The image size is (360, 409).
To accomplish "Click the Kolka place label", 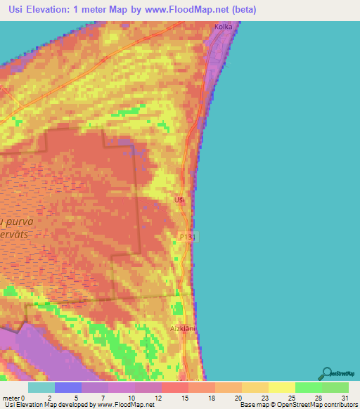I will click(x=224, y=27).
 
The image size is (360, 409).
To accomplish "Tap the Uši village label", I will click(x=179, y=200).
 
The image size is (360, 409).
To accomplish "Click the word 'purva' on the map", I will click(x=18, y=221).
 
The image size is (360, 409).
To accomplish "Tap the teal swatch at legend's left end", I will click(x=41, y=387).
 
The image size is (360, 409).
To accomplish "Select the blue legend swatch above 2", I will click(x=67, y=387).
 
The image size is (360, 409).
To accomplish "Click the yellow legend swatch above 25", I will click(x=281, y=387).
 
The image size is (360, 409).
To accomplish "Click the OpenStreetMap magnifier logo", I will click(x=325, y=374).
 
